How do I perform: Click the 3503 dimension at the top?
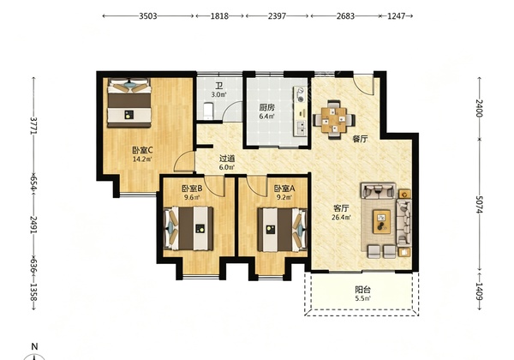coord(148,15)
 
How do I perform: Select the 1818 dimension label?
coord(219,15)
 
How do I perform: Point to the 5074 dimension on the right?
coord(479,204)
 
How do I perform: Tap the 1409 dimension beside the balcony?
coord(479,291)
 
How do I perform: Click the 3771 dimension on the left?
coord(34,125)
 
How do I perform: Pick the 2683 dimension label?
coord(345,15)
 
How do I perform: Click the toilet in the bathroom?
coord(208,111)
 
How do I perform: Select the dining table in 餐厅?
coord(334,119)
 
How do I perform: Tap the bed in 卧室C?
coord(129,102)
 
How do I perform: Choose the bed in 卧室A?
coord(282,230)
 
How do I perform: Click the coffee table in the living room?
coord(381,222)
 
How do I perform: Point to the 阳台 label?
coord(363,290)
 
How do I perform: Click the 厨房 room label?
coord(266,107)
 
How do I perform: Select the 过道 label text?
coord(227,159)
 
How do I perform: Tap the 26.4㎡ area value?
coord(341,217)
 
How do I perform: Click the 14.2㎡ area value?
coord(142,159)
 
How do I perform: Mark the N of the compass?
coord(34,346)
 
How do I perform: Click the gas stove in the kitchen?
coord(301,94)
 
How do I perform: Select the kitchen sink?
coord(301,128)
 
